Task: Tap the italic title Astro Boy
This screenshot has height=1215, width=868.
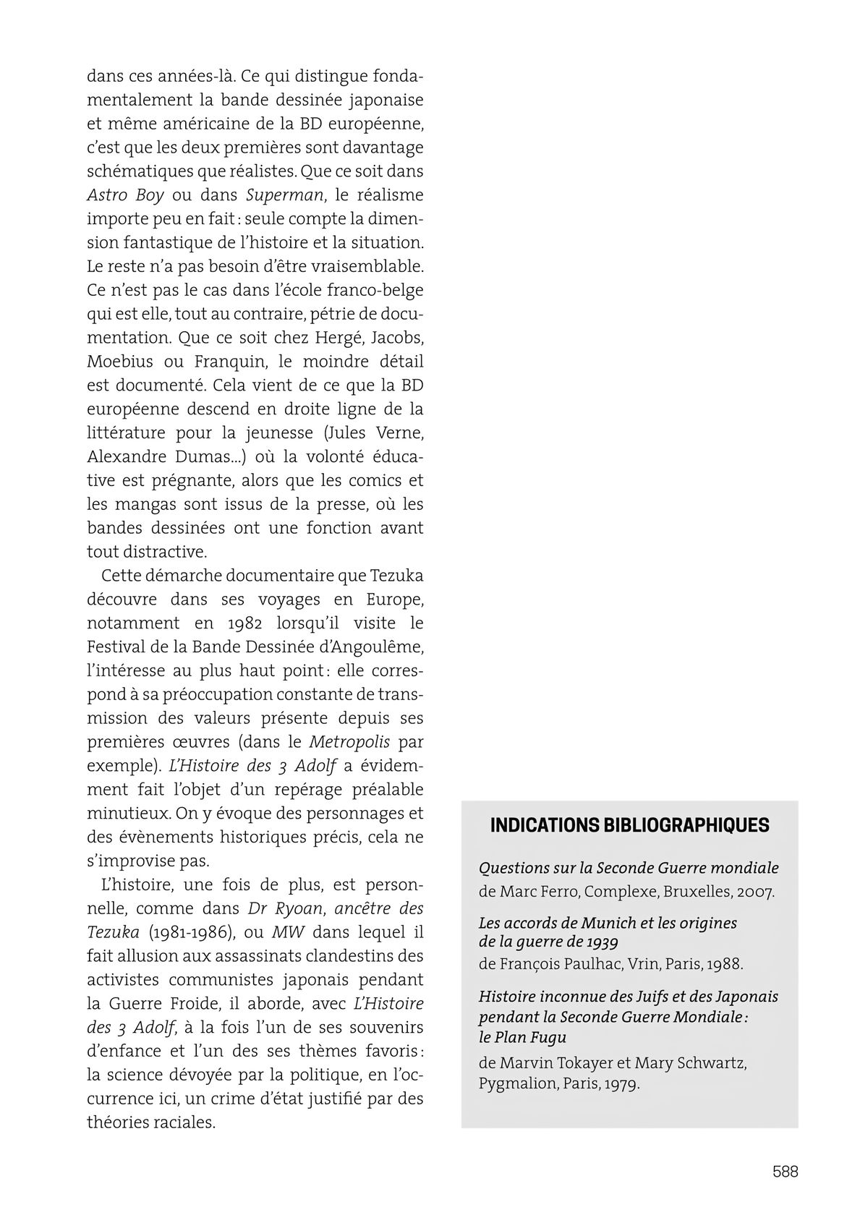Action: [125, 195]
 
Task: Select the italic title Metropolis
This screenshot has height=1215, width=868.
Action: [349, 742]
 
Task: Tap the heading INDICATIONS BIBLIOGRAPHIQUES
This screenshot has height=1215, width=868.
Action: [629, 826]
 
